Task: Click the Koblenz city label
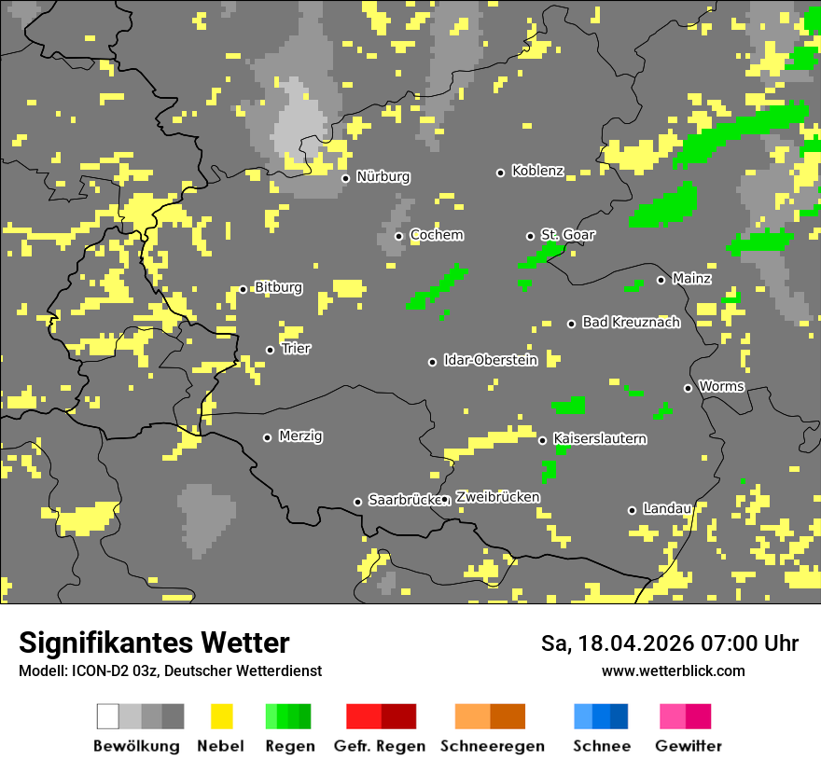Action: point(537,172)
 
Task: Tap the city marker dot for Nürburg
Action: point(345,178)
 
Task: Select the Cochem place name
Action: point(436,235)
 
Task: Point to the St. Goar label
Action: point(567,235)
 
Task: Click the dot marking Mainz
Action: point(661,280)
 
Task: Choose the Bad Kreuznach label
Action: point(631,323)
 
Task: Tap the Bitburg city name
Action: point(278,288)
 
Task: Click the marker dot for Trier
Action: point(271,351)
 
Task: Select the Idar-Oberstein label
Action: point(490,360)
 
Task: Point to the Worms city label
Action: point(721,386)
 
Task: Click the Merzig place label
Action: point(300,436)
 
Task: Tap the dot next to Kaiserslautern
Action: point(542,440)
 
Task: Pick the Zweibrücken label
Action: point(497,497)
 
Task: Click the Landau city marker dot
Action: point(632,510)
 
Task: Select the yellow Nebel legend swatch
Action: point(221,716)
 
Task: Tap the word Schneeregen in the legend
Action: point(492,746)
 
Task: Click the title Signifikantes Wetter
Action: point(154,643)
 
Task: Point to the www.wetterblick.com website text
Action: point(673,670)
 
